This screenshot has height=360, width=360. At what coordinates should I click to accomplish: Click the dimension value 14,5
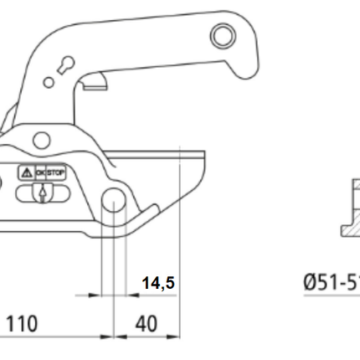click(157, 284)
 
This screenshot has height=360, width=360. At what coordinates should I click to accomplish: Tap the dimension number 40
click(146, 323)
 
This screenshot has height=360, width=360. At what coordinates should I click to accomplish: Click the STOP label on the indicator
click(55, 172)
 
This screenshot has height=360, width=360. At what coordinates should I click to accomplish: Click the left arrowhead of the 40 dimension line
click(116, 337)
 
